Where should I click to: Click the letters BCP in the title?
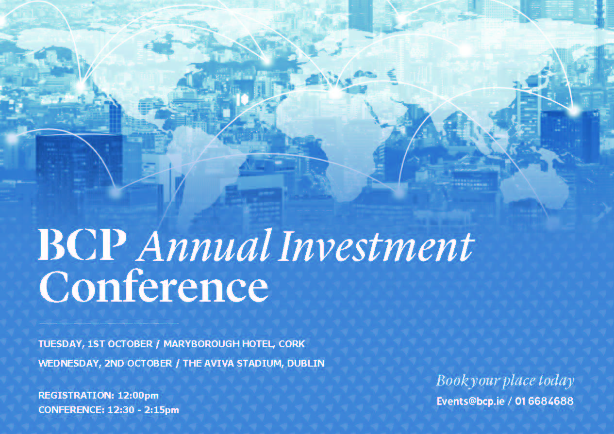click(82, 244)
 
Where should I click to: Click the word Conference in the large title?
click(153, 286)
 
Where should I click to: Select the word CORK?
click(292, 344)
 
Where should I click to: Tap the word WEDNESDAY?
click(70, 363)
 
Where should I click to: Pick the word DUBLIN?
click(306, 363)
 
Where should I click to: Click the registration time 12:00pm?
click(138, 396)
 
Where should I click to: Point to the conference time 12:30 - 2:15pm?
click(143, 410)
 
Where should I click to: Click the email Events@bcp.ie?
click(471, 402)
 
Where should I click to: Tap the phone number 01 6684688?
click(544, 402)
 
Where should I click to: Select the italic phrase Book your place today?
click(505, 381)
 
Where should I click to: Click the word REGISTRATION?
click(76, 395)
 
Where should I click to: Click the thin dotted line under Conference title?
click(108, 323)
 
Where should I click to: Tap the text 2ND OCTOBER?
click(138, 363)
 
